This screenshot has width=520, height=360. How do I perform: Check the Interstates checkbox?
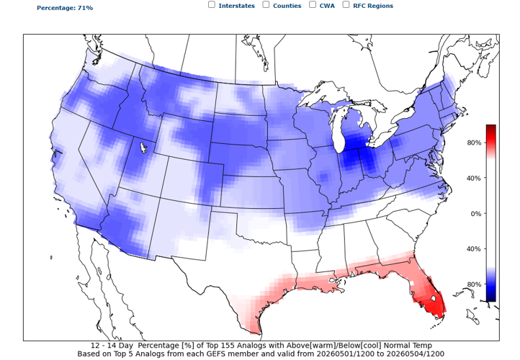point(212,4)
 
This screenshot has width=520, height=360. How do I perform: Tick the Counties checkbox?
point(266,4)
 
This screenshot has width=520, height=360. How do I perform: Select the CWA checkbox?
point(313,4)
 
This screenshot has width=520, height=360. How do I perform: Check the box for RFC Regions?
point(346,4)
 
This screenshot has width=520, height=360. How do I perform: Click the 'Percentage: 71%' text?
point(65,8)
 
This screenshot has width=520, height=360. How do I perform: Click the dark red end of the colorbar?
point(490,129)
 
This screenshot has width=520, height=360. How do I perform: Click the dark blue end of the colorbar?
point(490,297)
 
